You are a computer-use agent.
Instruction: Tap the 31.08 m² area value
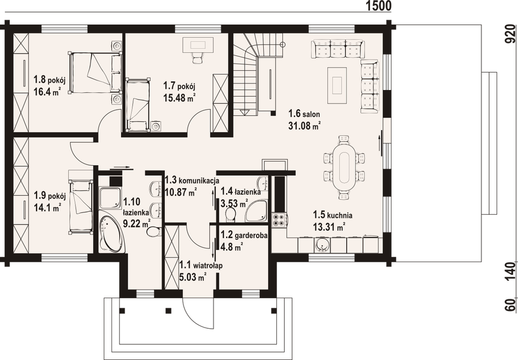point(304,125)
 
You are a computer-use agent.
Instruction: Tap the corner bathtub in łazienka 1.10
point(112,233)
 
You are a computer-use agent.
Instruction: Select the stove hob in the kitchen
point(279,220)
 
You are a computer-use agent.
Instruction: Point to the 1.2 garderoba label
point(239,236)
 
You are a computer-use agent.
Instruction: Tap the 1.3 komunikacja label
point(191,180)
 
